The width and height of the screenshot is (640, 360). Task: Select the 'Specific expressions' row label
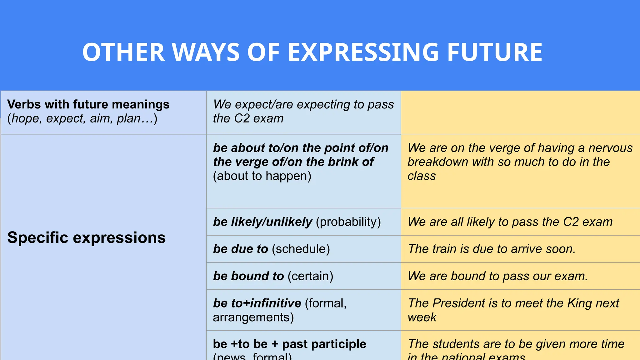pyautogui.click(x=86, y=237)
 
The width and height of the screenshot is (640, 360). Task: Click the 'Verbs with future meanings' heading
pyautogui.click(x=88, y=104)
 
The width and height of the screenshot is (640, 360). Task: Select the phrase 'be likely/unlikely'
pyautogui.click(x=262, y=222)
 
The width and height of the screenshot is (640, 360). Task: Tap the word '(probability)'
pyautogui.click(x=348, y=222)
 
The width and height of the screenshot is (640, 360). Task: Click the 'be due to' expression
pyautogui.click(x=240, y=249)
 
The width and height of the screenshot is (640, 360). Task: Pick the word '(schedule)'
pyautogui.click(x=301, y=249)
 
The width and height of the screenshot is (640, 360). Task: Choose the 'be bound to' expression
pyautogui.click(x=248, y=276)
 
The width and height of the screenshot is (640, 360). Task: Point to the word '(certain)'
pyautogui.click(x=310, y=276)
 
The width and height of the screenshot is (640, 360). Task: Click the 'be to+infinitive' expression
pyautogui.click(x=257, y=303)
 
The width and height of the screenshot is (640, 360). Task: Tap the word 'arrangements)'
pyautogui.click(x=253, y=317)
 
